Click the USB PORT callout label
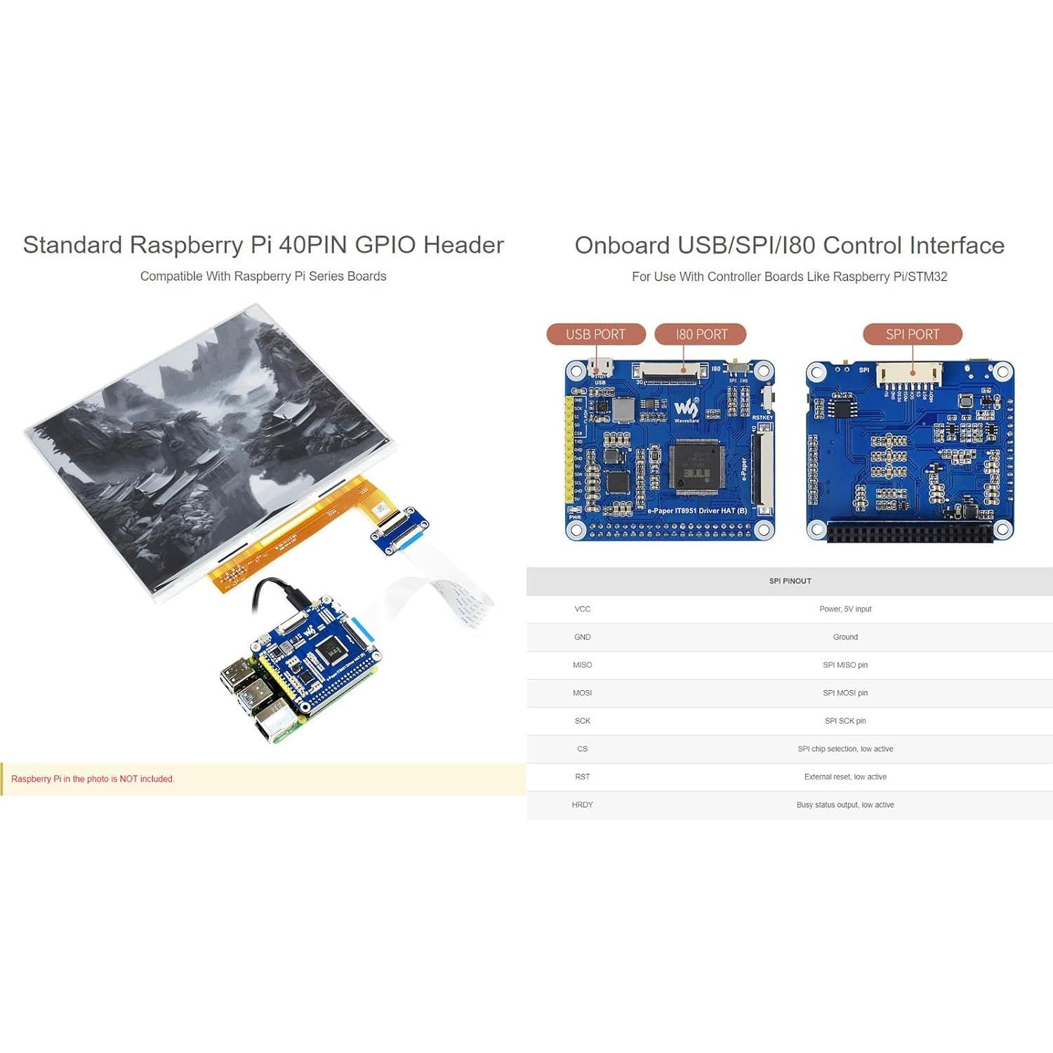click(595, 334)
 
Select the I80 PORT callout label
click(701, 334)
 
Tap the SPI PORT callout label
click(912, 334)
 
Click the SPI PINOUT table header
click(790, 581)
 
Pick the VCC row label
click(582, 609)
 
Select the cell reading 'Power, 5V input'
click(845, 609)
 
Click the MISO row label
click(582, 665)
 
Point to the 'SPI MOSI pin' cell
click(845, 693)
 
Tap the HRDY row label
click(582, 805)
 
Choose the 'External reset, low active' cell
click(845, 777)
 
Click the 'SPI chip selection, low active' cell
click(845, 749)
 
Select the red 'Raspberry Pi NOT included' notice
click(93, 779)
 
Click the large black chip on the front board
click(695, 467)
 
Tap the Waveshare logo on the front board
click(686, 409)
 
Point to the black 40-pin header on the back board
click(910, 531)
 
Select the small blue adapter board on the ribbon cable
click(399, 530)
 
